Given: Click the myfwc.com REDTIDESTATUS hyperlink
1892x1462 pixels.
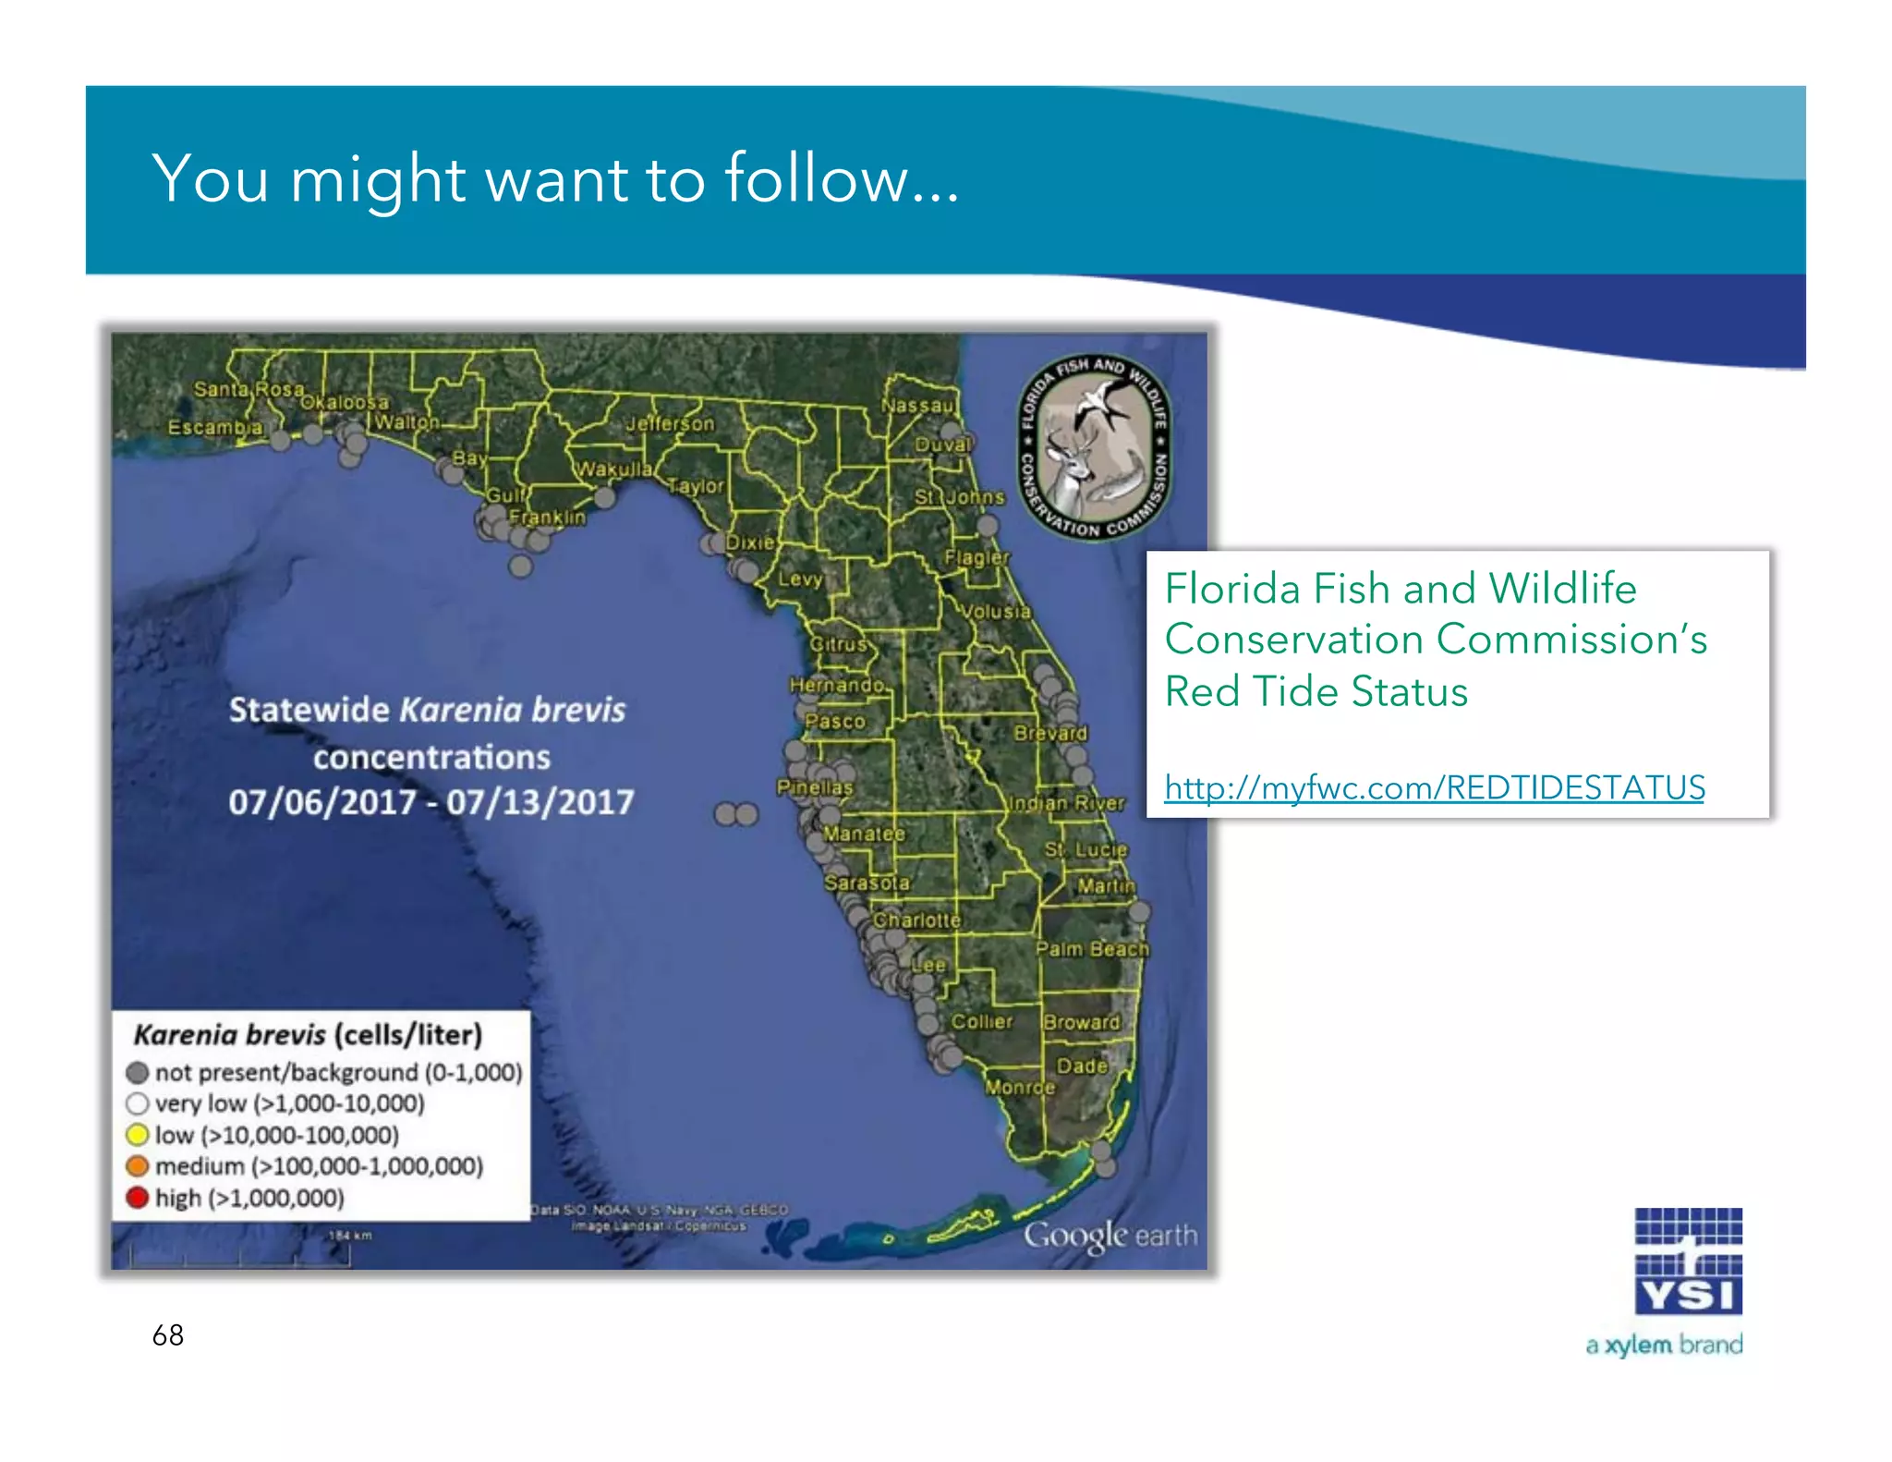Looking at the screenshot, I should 1434,787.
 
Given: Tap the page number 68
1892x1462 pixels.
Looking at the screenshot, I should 168,1335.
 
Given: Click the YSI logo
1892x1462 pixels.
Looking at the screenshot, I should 1688,1261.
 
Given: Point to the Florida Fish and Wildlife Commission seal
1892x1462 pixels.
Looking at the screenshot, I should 1096,447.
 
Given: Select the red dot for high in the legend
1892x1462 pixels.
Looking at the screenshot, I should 138,1198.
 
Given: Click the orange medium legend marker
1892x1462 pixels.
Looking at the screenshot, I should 138,1166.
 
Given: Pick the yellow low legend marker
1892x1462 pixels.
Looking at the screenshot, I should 138,1135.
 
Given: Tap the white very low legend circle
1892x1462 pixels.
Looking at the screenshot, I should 138,1103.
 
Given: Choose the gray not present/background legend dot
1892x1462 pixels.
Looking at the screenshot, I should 138,1072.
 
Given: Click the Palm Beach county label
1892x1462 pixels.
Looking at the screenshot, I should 1092,949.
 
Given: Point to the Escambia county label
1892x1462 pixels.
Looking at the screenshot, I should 215,428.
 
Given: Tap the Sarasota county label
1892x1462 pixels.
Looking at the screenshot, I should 867,883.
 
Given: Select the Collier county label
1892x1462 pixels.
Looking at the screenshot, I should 982,1021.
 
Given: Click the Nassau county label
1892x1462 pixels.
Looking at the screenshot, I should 916,406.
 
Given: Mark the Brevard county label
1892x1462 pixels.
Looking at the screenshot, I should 1050,733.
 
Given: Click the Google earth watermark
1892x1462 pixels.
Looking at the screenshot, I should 1110,1236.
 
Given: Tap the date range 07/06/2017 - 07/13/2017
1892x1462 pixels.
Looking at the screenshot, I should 431,802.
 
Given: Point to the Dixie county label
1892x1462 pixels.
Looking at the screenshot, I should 750,542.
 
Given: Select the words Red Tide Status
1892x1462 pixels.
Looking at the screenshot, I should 1316,691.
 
